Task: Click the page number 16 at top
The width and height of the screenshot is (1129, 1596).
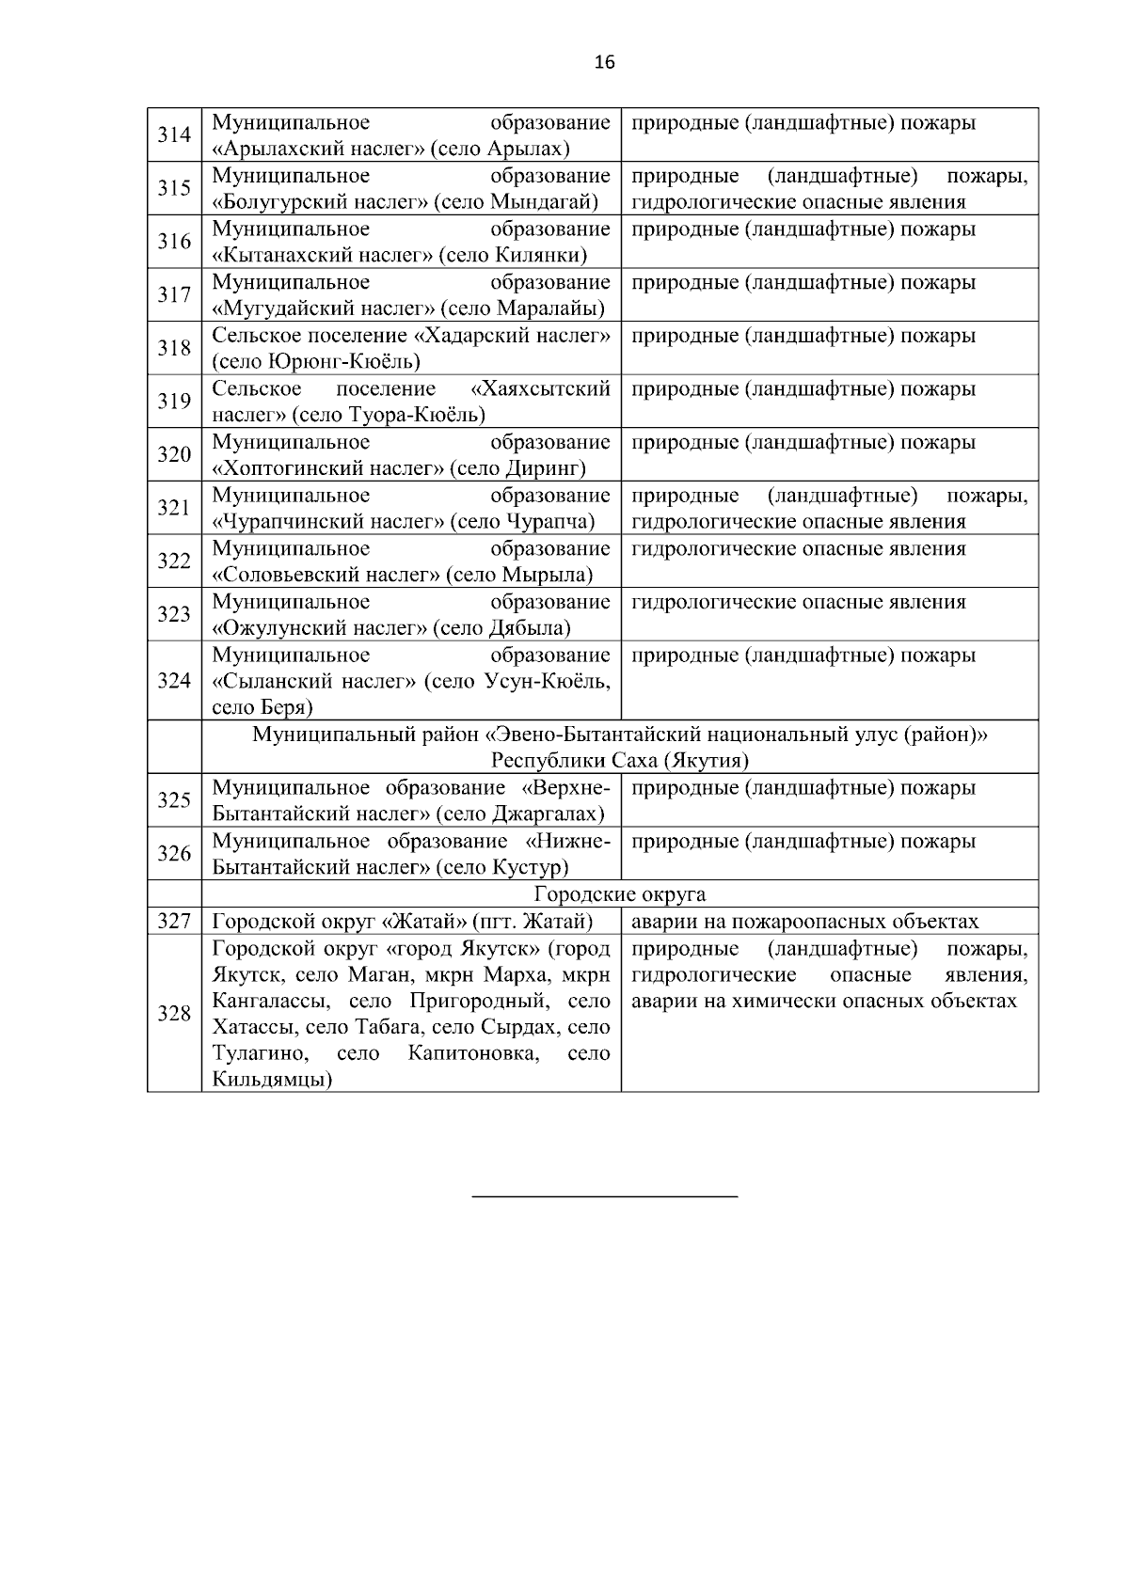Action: click(x=604, y=63)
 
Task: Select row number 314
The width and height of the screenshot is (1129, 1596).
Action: click(x=174, y=135)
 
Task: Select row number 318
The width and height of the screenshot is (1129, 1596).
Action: click(x=174, y=349)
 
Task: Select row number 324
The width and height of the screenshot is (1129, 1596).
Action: click(x=174, y=681)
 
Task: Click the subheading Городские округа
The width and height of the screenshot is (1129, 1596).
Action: click(x=619, y=894)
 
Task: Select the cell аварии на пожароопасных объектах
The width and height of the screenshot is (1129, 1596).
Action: click(x=804, y=922)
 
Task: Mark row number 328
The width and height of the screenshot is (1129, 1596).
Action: click(x=174, y=1014)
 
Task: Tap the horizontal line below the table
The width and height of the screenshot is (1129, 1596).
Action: click(x=604, y=1196)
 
